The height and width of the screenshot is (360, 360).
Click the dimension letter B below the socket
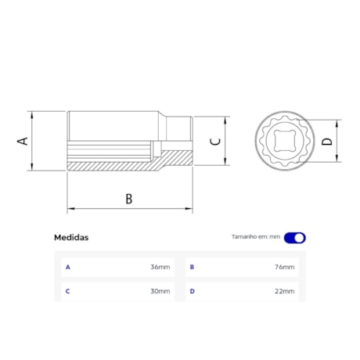click(x=129, y=199)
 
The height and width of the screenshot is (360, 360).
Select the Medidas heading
click(x=71, y=237)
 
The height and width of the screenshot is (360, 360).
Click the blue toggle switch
click(x=295, y=237)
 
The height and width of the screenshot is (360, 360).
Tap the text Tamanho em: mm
click(x=255, y=237)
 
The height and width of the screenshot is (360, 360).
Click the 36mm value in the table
click(x=160, y=267)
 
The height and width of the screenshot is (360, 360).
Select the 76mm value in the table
click(x=285, y=267)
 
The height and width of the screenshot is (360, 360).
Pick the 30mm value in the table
click(x=160, y=291)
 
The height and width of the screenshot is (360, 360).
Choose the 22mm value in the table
click(x=285, y=291)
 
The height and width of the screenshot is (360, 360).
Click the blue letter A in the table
click(x=68, y=267)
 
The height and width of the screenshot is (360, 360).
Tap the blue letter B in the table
click(x=192, y=267)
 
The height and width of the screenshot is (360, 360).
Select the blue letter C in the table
click(x=68, y=291)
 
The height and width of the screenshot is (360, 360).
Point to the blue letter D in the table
click(x=192, y=291)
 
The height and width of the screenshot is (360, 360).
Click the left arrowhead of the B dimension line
click(x=70, y=209)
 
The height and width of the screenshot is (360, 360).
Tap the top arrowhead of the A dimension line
click(x=33, y=113)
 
